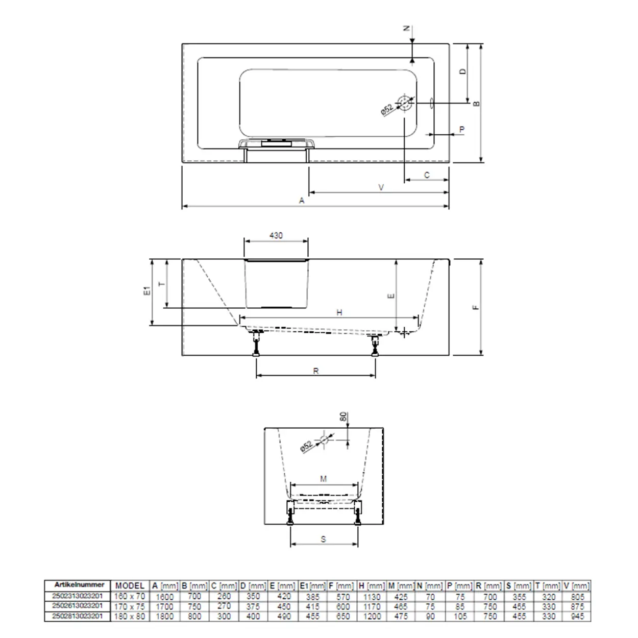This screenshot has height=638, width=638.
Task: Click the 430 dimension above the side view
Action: [276, 236]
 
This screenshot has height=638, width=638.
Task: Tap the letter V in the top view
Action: [381, 187]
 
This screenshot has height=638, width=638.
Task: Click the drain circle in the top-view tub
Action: [405, 103]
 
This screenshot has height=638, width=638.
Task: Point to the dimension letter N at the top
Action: [407, 29]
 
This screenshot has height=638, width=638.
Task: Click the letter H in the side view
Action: [339, 312]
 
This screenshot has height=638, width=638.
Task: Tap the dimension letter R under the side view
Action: [316, 371]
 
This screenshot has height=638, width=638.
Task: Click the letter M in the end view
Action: [323, 479]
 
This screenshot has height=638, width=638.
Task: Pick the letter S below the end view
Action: [324, 539]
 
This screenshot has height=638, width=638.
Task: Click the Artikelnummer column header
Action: [79, 585]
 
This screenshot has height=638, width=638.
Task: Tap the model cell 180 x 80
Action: [130, 617]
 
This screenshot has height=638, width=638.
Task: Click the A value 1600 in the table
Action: [164, 596]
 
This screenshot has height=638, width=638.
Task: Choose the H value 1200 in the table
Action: [372, 617]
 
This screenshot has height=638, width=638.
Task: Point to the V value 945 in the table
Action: [576, 617]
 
